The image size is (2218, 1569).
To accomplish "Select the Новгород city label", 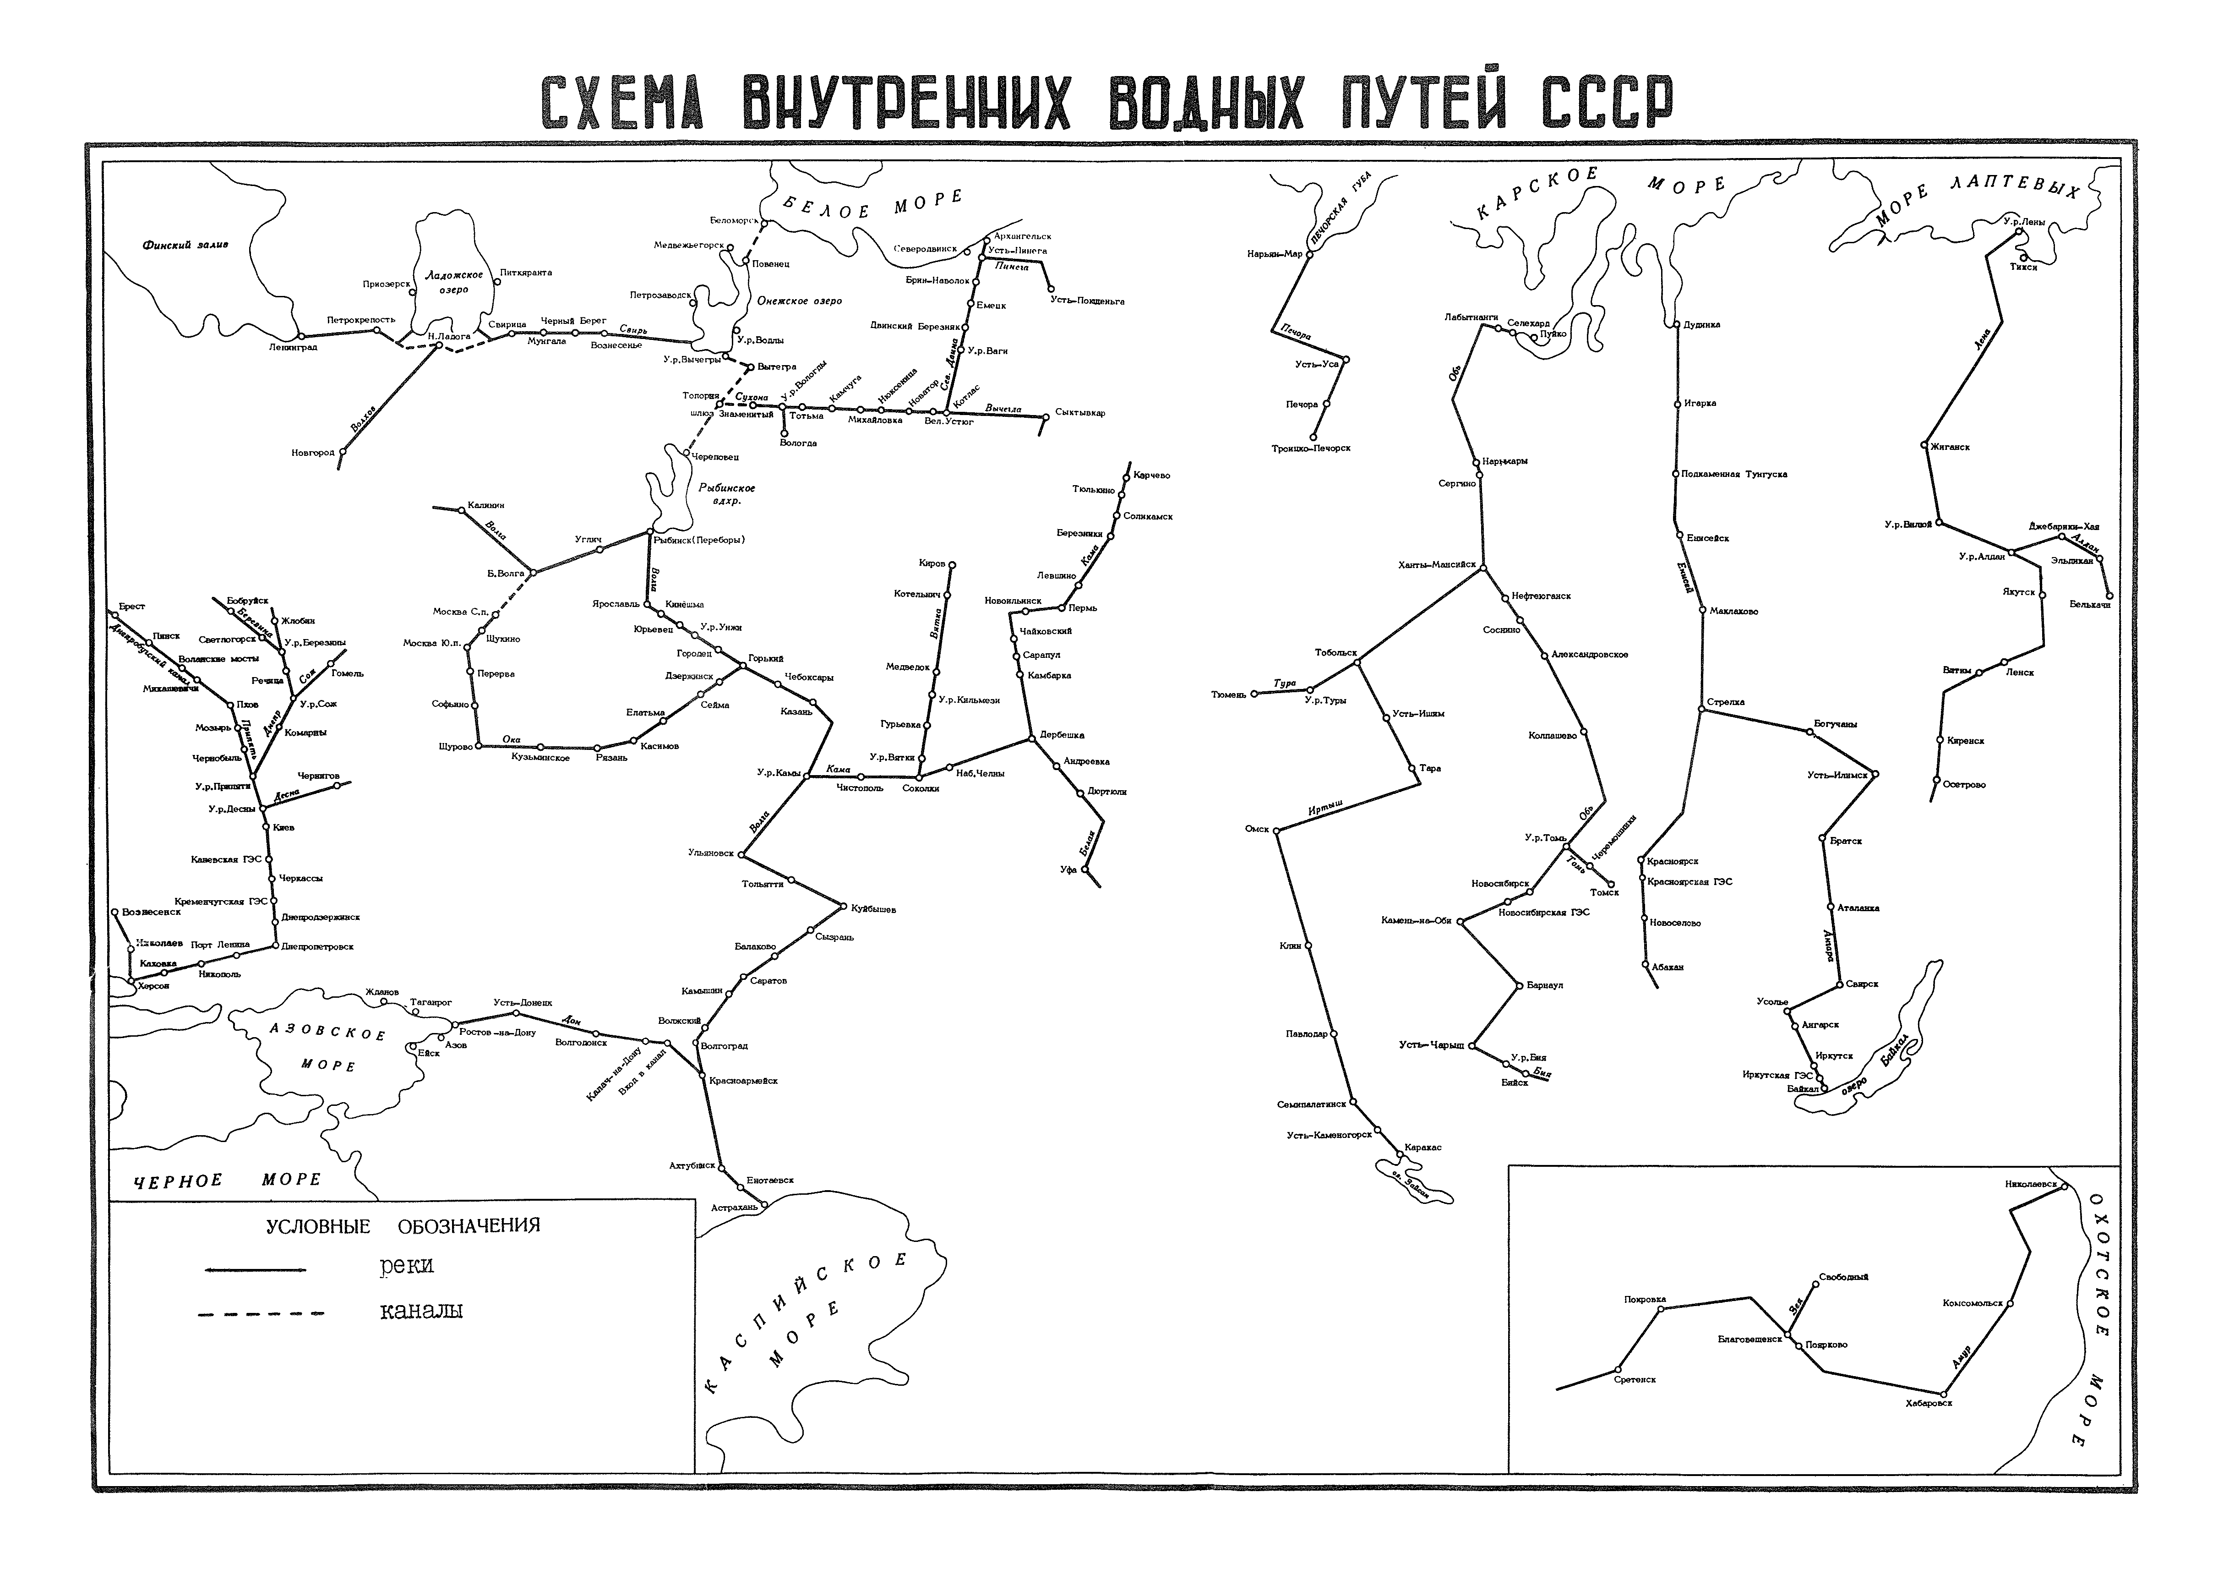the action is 313,452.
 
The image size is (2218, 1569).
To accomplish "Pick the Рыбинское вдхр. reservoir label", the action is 726,494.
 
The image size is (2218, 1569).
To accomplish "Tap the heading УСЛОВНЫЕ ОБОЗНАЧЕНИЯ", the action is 403,1226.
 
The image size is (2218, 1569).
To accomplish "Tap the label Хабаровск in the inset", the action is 1928,1403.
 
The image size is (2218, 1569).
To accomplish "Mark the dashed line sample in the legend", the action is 261,1314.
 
